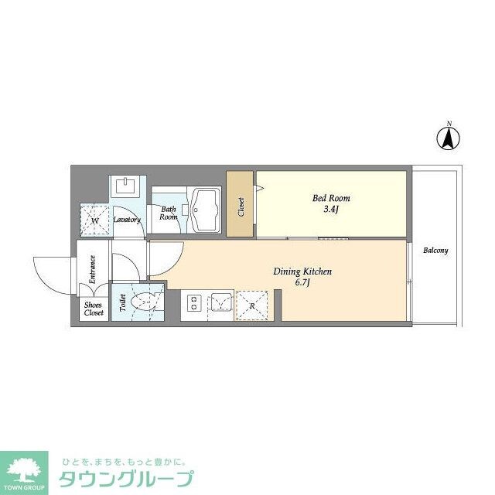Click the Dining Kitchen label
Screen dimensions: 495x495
coord(302,272)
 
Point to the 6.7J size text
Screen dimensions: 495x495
coord(302,284)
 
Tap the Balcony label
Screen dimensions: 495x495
coord(435,251)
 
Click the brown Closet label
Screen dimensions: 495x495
coord(241,206)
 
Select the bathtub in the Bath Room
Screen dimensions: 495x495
coord(206,207)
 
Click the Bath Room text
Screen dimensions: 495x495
coord(169,213)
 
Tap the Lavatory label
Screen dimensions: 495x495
coord(127,220)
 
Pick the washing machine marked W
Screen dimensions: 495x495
coord(96,220)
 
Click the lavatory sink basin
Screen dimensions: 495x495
coord(125,186)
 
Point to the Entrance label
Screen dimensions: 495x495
coord(93,270)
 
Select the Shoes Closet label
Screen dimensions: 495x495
coord(94,309)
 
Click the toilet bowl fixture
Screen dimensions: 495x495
coord(145,302)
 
